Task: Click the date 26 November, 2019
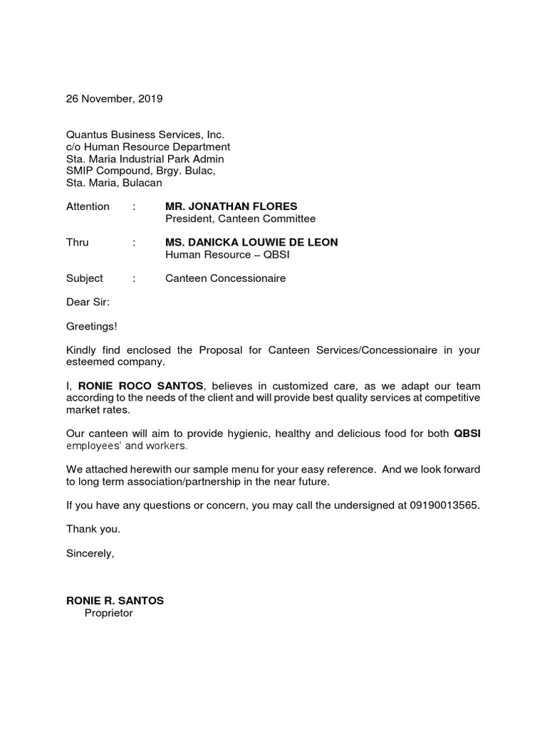pyautogui.click(x=114, y=99)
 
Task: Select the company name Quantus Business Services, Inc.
pyautogui.click(x=145, y=135)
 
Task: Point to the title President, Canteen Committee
pyautogui.click(x=240, y=219)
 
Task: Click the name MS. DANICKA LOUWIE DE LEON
pyautogui.click(x=251, y=242)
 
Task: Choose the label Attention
pyautogui.click(x=88, y=206)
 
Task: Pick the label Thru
pyautogui.click(x=78, y=242)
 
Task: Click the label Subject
pyautogui.click(x=85, y=278)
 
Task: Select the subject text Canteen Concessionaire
pyautogui.click(x=225, y=278)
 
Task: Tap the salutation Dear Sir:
pyautogui.click(x=88, y=302)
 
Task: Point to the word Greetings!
pyautogui.click(x=92, y=326)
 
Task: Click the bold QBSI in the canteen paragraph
pyautogui.click(x=467, y=434)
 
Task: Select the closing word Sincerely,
pyautogui.click(x=90, y=553)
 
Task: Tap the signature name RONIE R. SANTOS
pyautogui.click(x=115, y=601)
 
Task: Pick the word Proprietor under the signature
pyautogui.click(x=108, y=613)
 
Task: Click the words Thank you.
pyautogui.click(x=93, y=529)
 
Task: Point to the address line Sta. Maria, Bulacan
pyautogui.click(x=114, y=183)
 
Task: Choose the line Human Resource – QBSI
pyautogui.click(x=227, y=254)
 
